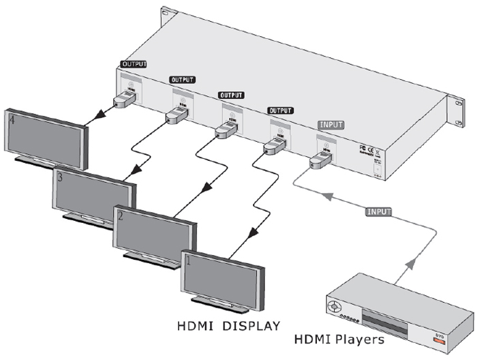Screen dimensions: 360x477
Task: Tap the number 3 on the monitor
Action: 61,178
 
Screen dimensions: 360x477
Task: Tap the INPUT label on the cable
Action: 378,211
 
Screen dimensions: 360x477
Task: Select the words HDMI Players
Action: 338,339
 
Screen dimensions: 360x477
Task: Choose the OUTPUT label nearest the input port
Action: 280,110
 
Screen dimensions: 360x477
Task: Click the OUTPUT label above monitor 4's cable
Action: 134,64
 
